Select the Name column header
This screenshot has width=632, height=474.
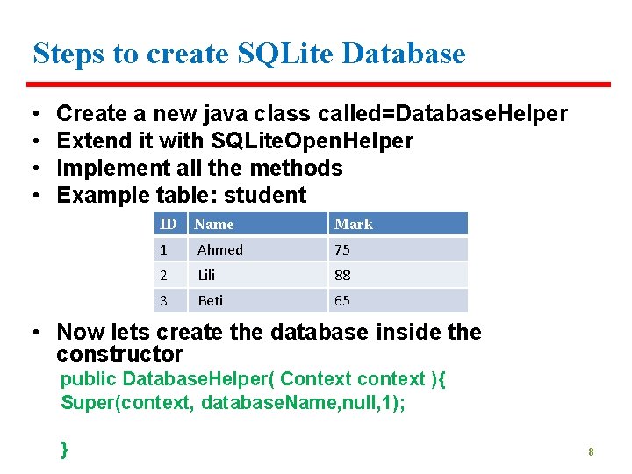tap(214, 224)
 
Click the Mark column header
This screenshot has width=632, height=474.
tap(354, 224)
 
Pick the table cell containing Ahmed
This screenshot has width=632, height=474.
tap(220, 250)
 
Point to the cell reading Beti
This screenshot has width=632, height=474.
tap(211, 300)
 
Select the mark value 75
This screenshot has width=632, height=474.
tap(342, 250)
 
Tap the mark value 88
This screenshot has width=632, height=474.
tap(342, 275)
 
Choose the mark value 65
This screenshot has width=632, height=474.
tap(342, 300)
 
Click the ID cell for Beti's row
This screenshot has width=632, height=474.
tap(163, 300)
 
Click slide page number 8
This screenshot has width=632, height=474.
tap(592, 452)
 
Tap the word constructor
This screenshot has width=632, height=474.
tap(119, 355)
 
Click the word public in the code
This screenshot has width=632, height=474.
tap(88, 379)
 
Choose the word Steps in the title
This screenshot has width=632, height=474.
tap(68, 54)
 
